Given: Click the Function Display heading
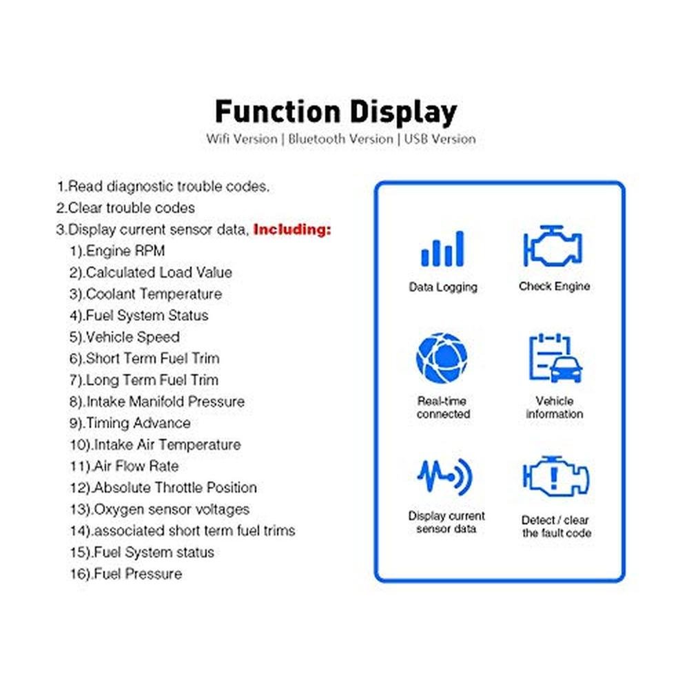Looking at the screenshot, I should pyautogui.click(x=336, y=112).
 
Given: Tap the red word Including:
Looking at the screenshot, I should pyautogui.click(x=292, y=229).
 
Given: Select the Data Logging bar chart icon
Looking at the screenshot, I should pyautogui.click(x=442, y=249).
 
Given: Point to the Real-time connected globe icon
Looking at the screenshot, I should pyautogui.click(x=442, y=359).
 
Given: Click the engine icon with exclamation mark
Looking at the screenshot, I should pyautogui.click(x=555, y=477).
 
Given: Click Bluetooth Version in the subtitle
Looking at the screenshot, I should pyautogui.click(x=340, y=138).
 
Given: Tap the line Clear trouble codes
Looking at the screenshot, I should pyautogui.click(x=126, y=207).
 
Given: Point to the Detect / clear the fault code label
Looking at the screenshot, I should pyautogui.click(x=555, y=526).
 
